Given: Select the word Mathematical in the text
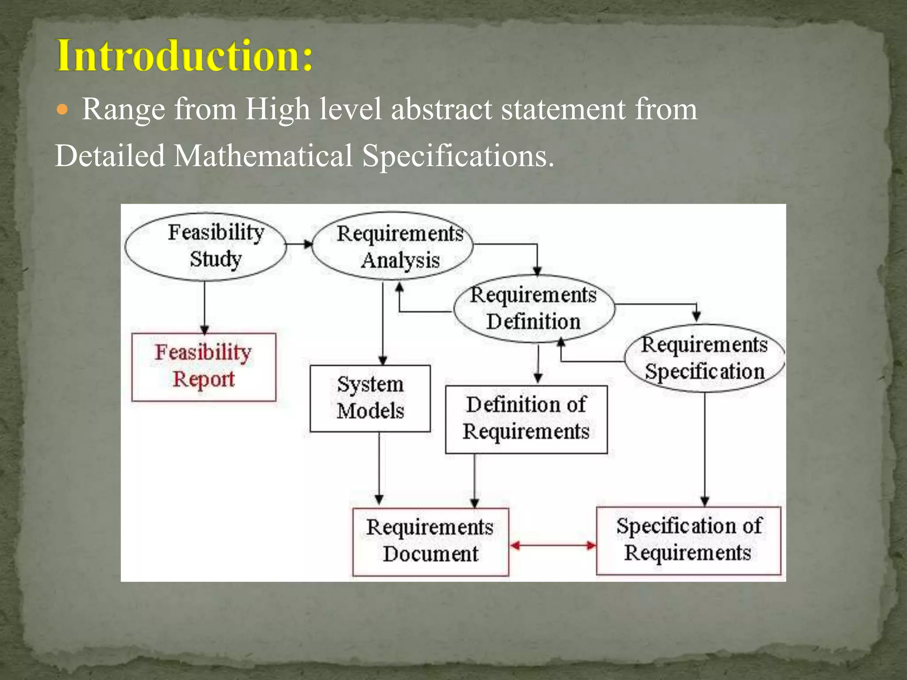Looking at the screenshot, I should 263,156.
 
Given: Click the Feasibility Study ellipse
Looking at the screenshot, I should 205,246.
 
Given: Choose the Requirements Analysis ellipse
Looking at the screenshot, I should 392,246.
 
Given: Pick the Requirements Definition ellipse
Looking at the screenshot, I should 534,309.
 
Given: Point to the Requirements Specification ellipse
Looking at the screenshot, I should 704,358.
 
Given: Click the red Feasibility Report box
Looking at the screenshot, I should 204,367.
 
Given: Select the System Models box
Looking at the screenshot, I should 370,398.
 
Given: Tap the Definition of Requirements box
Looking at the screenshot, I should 526,419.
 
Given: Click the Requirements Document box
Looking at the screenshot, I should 430,541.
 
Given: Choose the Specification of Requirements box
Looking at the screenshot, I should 688,540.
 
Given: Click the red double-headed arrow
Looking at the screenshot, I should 553,545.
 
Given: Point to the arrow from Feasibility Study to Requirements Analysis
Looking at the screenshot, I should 299,244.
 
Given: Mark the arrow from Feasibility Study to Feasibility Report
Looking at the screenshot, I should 204,308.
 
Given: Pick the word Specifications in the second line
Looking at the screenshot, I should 458,156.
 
